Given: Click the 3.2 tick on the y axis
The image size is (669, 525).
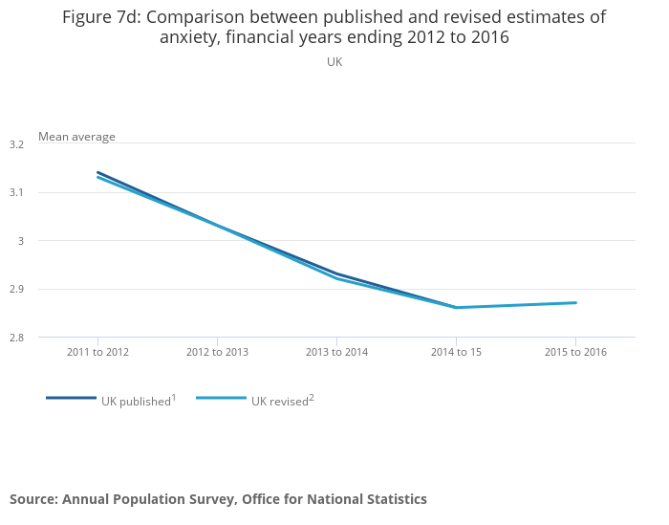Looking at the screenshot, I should coord(15,144).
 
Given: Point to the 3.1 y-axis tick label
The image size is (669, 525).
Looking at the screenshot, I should coord(15,192).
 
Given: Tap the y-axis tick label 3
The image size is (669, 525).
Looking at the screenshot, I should coord(19,241).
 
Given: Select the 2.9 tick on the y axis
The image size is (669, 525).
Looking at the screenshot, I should coord(15,289).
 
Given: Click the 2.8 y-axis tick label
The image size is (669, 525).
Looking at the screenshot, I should coord(15,338).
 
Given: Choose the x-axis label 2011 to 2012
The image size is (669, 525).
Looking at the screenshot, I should coord(97,352).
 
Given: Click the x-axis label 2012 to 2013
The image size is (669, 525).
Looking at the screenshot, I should coord(217,352).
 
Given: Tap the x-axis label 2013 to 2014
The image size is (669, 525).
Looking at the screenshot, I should coord(336,352).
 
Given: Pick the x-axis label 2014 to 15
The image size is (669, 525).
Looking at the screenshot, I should coord(456,352).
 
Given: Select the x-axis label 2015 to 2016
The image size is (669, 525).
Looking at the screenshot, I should coord(575,352).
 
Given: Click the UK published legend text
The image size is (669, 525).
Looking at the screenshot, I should coord(136,402).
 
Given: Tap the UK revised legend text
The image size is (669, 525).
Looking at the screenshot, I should coord(279,402).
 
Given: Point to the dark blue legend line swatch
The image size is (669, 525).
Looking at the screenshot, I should coord(71,398).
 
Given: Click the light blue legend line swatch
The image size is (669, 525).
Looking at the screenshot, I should coord(221,398).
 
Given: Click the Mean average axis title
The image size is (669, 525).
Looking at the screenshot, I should coord(76,137).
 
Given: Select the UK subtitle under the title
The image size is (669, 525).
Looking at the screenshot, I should coord(334,62).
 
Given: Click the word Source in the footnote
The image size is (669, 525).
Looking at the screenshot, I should coord(33,499).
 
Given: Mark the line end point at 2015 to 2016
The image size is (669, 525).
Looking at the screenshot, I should coord(575,303).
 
